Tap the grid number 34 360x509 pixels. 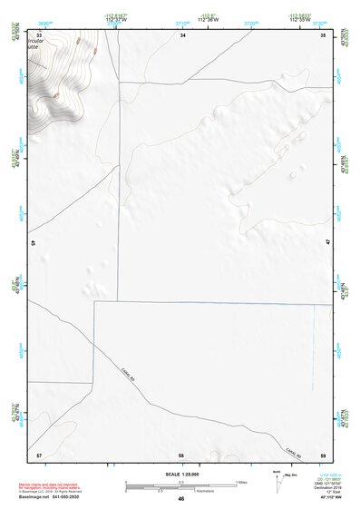tap(182, 34)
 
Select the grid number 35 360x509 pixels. tap(324, 34)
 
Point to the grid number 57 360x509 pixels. tap(39, 454)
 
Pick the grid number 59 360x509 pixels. tap(323, 454)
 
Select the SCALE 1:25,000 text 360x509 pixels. tap(181, 474)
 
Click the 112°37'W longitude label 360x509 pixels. tap(112, 19)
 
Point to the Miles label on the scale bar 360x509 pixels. tap(243, 482)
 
